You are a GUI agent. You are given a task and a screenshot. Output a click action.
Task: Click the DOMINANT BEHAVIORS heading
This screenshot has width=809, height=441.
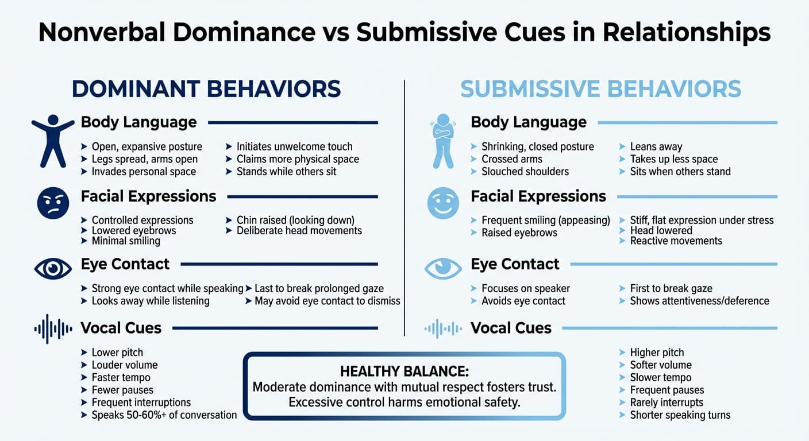pyautogui.click(x=206, y=89)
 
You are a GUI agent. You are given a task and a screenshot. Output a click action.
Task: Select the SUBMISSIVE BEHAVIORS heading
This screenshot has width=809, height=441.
pyautogui.click(x=600, y=89)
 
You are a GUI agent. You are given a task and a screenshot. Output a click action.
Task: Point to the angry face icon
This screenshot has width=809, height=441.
pyautogui.click(x=53, y=203)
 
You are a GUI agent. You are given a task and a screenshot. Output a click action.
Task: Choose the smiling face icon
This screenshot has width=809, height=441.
pyautogui.click(x=443, y=203)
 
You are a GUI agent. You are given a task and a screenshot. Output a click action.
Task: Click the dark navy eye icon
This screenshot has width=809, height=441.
pyautogui.click(x=53, y=268)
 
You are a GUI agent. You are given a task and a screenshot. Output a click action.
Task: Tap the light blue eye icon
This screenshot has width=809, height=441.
pyautogui.click(x=443, y=268)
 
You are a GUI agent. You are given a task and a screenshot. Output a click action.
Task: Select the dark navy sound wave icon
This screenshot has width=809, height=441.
pyautogui.click(x=53, y=328)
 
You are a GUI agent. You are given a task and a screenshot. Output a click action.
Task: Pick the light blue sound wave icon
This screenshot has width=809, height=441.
pyautogui.click(x=443, y=328)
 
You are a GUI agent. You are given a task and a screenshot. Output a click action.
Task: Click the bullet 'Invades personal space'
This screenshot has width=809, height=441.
pyautogui.click(x=144, y=172)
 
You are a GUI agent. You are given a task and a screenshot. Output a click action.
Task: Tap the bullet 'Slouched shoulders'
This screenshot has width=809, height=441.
pyautogui.click(x=525, y=172)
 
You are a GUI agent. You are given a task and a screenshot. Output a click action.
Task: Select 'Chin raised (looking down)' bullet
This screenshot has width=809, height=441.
pyautogui.click(x=295, y=220)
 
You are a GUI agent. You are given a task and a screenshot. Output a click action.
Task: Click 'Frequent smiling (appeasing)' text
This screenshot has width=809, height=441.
pyautogui.click(x=545, y=220)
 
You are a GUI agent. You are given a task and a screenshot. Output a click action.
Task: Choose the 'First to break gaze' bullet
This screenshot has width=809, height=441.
pyautogui.click(x=671, y=288)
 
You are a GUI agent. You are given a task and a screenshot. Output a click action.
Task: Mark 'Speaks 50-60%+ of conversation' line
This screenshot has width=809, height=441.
pyautogui.click(x=164, y=415)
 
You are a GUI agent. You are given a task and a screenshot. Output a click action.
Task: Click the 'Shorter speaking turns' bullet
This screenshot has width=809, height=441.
pyautogui.click(x=680, y=415)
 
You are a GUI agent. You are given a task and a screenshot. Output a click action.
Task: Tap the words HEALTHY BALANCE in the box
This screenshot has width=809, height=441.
pyautogui.click(x=404, y=370)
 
